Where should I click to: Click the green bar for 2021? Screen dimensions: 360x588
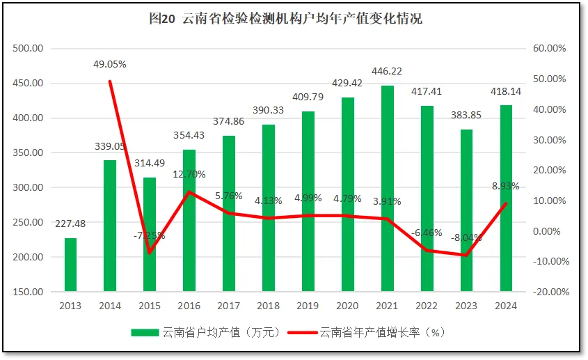click(x=387, y=188)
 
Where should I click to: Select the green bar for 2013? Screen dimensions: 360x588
click(x=70, y=265)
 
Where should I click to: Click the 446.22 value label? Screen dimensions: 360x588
click(x=387, y=71)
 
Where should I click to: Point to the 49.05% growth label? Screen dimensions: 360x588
click(x=110, y=64)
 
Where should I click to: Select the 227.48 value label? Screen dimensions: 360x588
click(x=70, y=224)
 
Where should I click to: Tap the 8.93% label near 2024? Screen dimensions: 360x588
click(x=505, y=186)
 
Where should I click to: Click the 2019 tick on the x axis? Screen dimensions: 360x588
click(x=308, y=306)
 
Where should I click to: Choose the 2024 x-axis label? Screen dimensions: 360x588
click(x=506, y=306)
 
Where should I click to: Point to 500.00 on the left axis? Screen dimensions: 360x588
click(x=29, y=49)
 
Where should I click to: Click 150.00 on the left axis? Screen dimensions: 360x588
click(x=29, y=292)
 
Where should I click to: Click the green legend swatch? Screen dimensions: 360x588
click(x=145, y=333)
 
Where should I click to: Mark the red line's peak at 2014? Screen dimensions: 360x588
click(x=110, y=81)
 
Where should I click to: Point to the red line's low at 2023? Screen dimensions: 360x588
click(x=466, y=255)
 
